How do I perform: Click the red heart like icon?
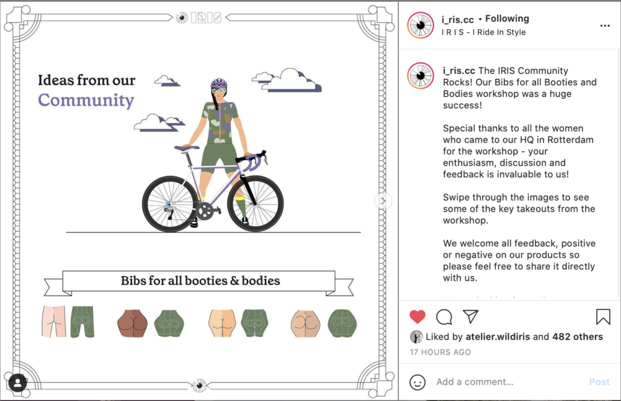417,317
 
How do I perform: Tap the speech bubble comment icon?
444,317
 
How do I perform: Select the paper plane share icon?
471,316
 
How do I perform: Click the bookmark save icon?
603,317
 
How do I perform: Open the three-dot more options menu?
605,25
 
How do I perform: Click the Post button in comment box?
599,382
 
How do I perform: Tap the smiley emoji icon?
417,382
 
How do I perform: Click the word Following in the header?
507,19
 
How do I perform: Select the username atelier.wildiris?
497,337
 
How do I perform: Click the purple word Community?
86,100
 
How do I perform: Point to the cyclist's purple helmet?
219,83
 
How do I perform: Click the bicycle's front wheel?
255,204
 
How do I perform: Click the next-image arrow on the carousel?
383,201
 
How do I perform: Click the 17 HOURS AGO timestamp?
440,352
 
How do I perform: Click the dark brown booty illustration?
132,323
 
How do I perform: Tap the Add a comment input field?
474,382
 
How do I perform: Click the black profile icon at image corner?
18,383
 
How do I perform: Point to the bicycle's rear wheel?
170,204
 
